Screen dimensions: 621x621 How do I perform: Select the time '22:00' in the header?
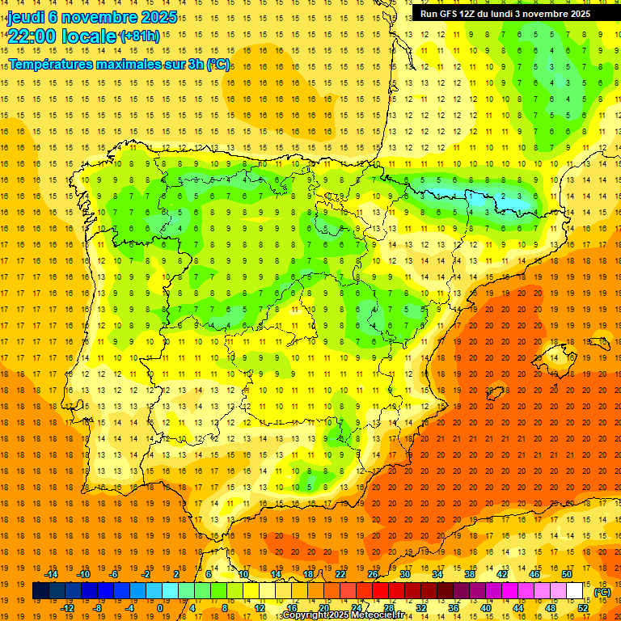(x=30, y=36)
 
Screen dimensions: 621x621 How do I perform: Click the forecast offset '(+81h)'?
(x=139, y=36)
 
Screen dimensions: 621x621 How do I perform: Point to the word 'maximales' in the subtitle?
(x=125, y=64)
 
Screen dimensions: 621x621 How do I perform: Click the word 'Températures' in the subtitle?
(x=50, y=64)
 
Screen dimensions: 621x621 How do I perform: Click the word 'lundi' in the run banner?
(x=513, y=14)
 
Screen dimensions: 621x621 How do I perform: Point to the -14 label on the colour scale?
(x=53, y=574)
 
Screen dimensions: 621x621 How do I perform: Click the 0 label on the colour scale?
(x=159, y=608)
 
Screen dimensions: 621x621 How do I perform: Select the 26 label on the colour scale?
(x=373, y=574)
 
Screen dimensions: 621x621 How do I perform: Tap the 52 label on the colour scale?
(x=583, y=608)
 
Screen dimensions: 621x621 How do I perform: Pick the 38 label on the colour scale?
(x=469, y=574)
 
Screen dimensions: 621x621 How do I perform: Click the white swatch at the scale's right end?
(x=575, y=591)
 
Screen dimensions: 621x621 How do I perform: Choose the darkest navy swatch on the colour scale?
(x=40, y=591)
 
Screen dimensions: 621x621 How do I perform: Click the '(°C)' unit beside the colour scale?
(x=602, y=592)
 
